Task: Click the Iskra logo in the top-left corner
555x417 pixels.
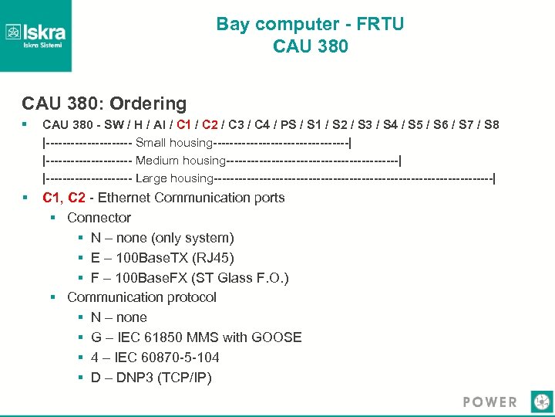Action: point(35,35)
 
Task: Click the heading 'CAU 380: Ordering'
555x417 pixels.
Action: point(104,103)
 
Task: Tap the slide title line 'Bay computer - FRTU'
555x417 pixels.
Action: point(310,24)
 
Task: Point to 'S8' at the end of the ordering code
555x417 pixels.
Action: point(490,124)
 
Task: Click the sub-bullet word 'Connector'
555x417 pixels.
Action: point(99,218)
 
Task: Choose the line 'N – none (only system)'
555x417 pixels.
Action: point(162,238)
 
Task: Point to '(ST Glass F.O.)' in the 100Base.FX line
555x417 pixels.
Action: point(243,277)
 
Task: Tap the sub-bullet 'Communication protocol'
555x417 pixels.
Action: point(142,297)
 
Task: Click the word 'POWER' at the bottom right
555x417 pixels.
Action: point(490,402)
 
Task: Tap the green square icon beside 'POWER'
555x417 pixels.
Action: point(541,402)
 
